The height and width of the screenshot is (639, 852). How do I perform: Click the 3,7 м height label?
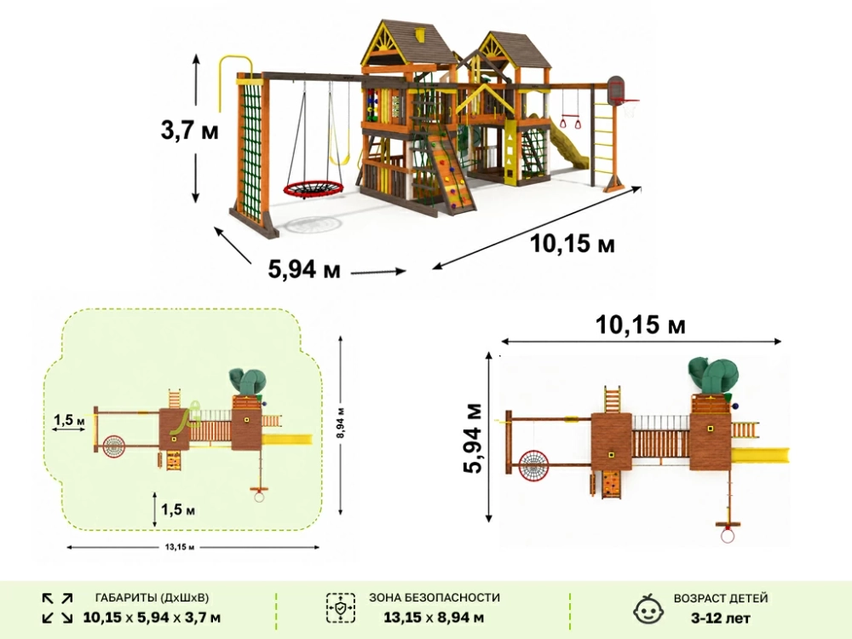click(x=189, y=131)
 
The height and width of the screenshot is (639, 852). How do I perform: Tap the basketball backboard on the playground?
click(x=616, y=89)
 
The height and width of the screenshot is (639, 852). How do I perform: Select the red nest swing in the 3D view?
click(x=314, y=190)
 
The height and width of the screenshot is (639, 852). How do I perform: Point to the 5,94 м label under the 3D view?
click(x=304, y=269)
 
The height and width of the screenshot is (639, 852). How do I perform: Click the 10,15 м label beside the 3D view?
click(x=573, y=244)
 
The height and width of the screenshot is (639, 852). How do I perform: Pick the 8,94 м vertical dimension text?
click(x=340, y=423)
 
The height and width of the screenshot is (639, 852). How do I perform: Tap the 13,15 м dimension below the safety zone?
click(x=180, y=547)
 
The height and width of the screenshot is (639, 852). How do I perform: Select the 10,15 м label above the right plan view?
click(x=640, y=325)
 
